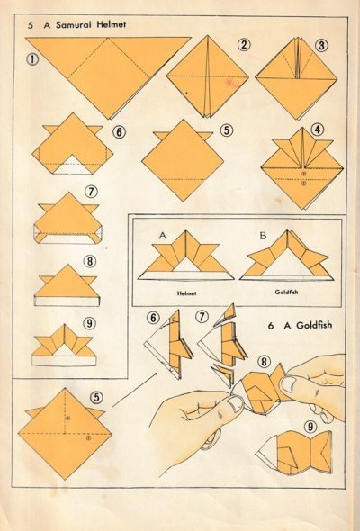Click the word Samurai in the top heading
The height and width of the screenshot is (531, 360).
pos(74,24)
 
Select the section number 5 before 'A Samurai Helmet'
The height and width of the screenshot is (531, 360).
pos(31,25)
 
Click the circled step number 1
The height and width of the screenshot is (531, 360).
pos(32,59)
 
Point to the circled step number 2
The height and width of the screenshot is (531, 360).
pos(244,45)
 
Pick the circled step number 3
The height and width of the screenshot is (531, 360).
pos(321,45)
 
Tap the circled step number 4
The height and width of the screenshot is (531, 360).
pos(318,129)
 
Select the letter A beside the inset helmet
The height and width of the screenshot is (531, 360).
pos(163,236)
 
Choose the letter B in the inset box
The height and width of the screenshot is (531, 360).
pos(263,236)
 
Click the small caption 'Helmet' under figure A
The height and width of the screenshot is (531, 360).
pos(186,293)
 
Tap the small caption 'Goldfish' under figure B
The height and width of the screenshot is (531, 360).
pos(286,292)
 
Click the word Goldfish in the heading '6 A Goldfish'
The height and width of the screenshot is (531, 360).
pos(314,326)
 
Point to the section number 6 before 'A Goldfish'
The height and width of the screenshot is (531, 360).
pos(270,326)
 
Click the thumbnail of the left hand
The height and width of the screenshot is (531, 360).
pos(235,403)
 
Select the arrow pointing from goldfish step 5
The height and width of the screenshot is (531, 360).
pos(136,389)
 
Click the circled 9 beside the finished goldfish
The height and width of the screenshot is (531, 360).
pos(310,427)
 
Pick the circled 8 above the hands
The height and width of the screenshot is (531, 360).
pos(264,362)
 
